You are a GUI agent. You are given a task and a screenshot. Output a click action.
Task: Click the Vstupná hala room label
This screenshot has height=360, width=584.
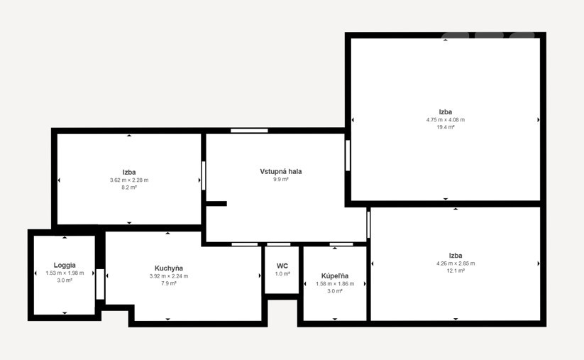coord(281,171)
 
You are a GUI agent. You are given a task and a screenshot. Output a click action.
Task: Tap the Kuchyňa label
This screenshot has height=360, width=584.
coord(169,268)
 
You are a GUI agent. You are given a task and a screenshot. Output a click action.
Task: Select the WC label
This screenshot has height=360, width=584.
coord(282,266)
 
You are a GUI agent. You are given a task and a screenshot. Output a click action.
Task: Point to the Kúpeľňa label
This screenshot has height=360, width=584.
coord(335,276)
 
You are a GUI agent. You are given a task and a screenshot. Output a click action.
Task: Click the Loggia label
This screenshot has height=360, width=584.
coord(65,266)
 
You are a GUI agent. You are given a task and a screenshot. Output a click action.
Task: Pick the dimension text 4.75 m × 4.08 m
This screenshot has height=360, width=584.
coord(446,119)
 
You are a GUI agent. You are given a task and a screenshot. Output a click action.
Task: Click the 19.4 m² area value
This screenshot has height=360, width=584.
coord(446,127)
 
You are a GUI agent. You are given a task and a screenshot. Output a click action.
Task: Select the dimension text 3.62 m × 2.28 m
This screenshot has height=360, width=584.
coord(129,180)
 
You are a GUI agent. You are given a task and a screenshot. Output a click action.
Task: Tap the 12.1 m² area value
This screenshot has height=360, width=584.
coord(456,271)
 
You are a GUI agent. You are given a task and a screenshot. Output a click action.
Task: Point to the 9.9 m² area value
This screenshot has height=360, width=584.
coord(281,179)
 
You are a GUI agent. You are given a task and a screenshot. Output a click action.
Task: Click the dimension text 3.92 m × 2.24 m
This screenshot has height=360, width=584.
coord(169,276)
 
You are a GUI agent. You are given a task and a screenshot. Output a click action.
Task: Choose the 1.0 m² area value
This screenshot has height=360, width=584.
coord(282,274)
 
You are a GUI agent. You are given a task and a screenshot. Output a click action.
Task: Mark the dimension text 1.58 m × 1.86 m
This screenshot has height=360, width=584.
coord(335,283)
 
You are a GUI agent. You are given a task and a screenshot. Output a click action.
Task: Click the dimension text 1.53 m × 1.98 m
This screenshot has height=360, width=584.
coord(65,273)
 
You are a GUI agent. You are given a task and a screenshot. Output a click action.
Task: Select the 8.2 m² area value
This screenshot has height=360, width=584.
coord(129,187)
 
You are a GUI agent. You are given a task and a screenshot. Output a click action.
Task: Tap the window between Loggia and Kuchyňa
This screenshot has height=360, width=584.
coord(100,284)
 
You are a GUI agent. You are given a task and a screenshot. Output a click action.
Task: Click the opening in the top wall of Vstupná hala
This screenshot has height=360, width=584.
coord(249,131)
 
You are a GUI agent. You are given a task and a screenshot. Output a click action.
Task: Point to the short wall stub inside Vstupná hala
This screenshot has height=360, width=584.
coord(216,204)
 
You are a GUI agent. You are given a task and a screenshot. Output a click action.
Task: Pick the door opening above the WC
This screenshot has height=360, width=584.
coord(279,244)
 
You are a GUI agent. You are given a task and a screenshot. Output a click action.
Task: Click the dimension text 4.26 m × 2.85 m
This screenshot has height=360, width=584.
coord(456,263)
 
